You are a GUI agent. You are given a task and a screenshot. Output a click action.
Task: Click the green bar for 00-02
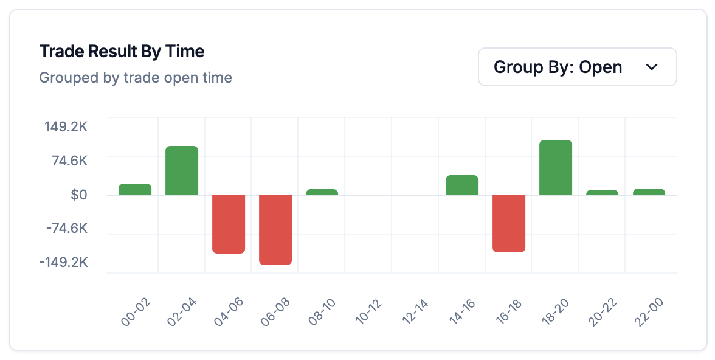[135, 189]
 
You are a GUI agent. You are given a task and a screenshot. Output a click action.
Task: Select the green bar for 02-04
[182, 170]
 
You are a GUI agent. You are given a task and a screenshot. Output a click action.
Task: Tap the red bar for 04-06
[229, 223]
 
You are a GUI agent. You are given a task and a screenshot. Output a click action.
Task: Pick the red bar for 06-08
[275, 229]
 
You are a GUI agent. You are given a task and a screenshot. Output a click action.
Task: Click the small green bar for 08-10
[322, 192]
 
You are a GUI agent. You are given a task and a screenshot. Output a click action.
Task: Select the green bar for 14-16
[462, 185]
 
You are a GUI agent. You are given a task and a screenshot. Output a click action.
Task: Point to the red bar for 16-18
[509, 223]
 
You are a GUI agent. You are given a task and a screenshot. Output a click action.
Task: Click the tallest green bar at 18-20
[556, 167]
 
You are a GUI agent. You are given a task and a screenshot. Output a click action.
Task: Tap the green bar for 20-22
[602, 192]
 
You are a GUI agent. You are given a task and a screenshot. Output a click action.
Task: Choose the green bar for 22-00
[649, 192]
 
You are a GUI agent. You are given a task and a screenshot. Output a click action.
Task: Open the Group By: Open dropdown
[577, 67]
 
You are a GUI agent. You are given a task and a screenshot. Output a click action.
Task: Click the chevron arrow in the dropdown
[652, 67]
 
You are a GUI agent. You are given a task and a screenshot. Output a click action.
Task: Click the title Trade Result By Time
[122, 51]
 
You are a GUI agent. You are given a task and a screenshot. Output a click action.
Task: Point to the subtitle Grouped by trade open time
[136, 78]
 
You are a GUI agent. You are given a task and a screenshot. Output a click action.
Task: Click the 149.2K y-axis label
[66, 128]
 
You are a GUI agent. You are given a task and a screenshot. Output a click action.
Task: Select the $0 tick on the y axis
[79, 195]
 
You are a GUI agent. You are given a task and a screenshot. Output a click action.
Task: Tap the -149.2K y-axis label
[64, 262]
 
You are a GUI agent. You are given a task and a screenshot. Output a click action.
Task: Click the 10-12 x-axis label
[369, 313]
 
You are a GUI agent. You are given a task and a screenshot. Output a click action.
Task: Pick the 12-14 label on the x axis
[416, 313]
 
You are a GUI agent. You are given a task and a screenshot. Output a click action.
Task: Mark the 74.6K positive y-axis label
[69, 161]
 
